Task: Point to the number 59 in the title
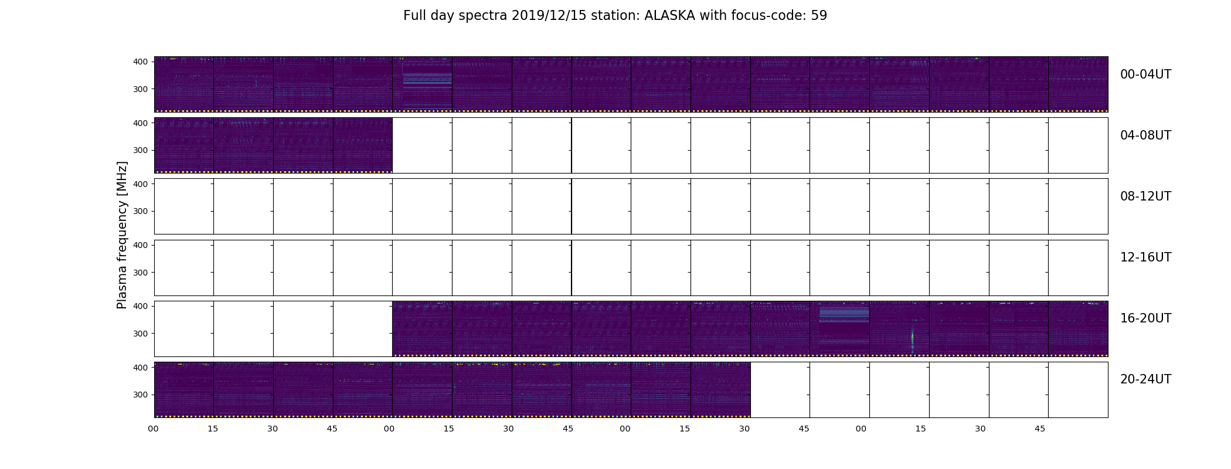(819, 16)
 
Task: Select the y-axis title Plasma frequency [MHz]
(122, 235)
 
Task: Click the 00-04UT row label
(1145, 74)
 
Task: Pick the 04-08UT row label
(1145, 135)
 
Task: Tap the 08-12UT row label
(1145, 196)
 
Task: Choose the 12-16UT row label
(1145, 257)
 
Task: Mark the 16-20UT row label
(1145, 318)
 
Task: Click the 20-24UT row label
(1145, 379)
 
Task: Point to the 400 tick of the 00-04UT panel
(141, 62)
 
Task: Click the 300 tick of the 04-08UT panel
(141, 150)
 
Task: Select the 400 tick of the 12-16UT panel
(141, 245)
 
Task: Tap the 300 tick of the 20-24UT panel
(141, 395)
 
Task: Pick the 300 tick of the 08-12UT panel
(141, 211)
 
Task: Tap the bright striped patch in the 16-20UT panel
(844, 314)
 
